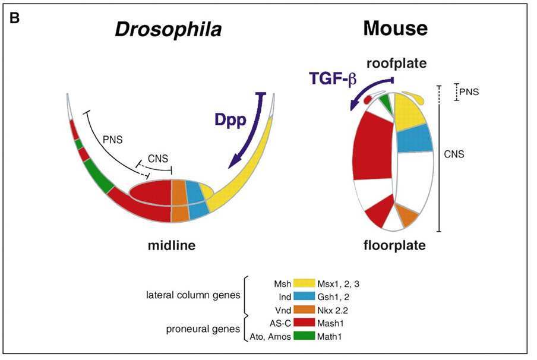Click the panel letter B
tap(15, 18)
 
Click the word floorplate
tap(393, 244)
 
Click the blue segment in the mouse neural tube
tap(413, 139)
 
